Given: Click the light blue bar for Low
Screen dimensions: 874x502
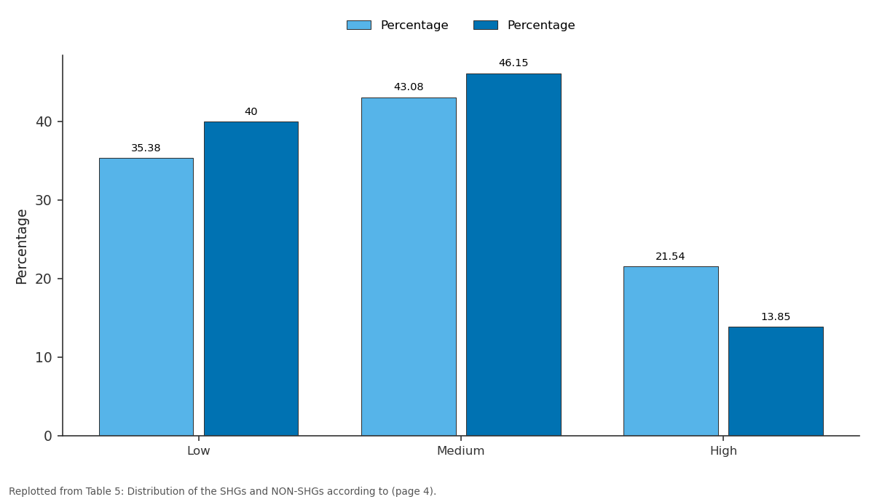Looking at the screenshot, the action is (146, 297).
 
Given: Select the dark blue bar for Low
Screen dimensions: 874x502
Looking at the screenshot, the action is (251, 279).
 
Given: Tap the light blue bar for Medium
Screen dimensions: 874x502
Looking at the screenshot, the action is (409, 266).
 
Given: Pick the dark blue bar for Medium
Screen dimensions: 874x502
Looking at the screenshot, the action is (514, 255).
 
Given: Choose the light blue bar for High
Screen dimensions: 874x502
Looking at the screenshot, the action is (671, 351).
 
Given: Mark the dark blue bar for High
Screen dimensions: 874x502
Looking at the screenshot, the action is (776, 381).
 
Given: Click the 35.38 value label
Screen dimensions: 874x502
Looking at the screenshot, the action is (146, 148).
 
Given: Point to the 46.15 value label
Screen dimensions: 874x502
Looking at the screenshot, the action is (513, 63).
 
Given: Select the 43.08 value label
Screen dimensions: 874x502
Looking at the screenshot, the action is (409, 87).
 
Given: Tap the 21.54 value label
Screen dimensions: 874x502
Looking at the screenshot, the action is (670, 256).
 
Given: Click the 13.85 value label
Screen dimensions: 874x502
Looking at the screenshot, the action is (776, 317).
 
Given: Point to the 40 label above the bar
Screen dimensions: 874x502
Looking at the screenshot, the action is (251, 112).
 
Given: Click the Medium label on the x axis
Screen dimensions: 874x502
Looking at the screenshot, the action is (461, 451).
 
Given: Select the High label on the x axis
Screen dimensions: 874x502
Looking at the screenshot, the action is (723, 451).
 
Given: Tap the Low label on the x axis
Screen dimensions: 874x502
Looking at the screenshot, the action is (199, 451).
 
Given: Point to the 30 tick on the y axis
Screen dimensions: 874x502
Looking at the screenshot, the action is (43, 201).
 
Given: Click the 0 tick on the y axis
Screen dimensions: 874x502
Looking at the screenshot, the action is (48, 436).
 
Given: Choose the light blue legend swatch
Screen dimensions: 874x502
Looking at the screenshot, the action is (359, 25).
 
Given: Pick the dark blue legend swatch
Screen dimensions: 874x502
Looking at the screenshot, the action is (486, 25).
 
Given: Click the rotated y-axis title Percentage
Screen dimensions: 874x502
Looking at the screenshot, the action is (22, 247).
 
